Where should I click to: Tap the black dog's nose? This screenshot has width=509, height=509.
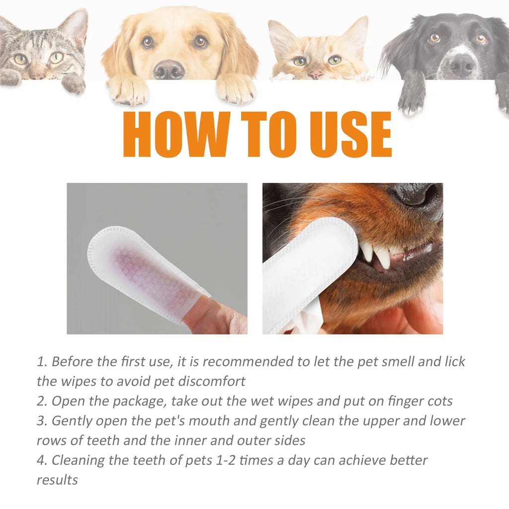click(462, 65)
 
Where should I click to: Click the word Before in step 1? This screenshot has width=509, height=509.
click(73, 361)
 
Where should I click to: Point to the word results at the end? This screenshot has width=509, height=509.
click(57, 480)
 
